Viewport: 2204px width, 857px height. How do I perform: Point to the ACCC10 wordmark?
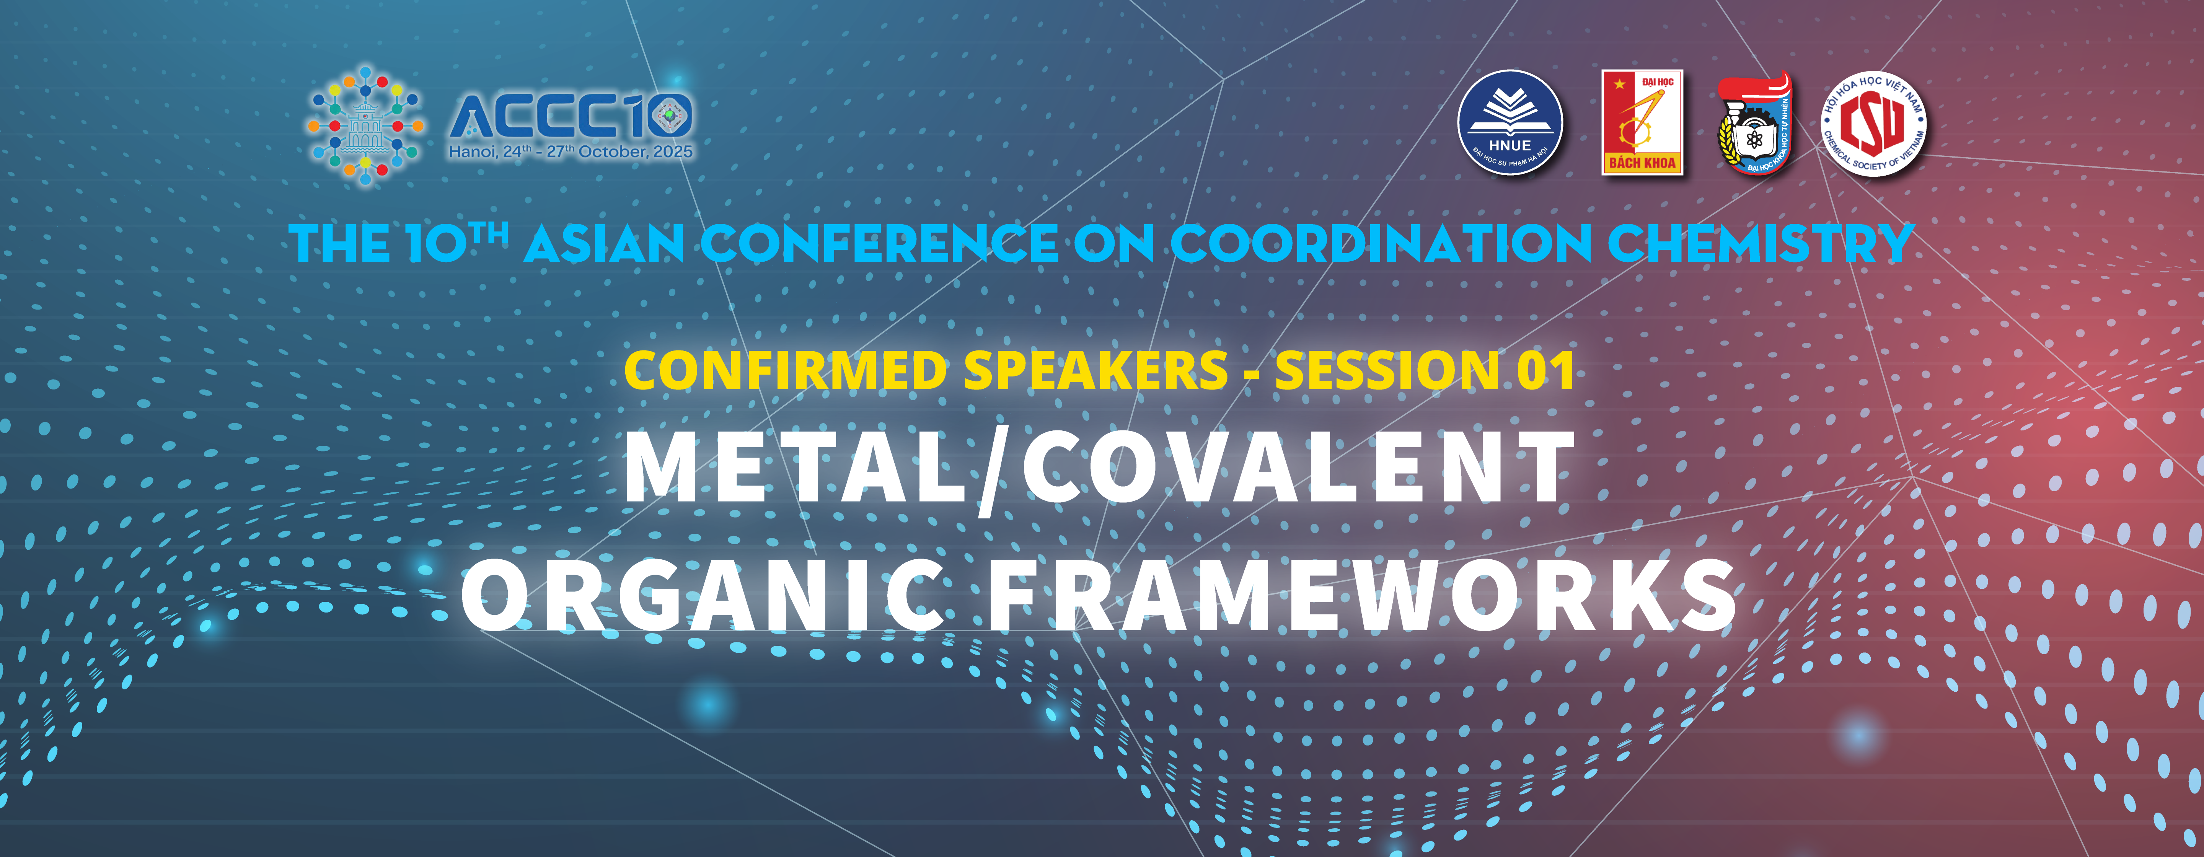[x=571, y=116]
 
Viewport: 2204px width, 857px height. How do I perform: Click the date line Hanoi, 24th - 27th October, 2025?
[x=571, y=152]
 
